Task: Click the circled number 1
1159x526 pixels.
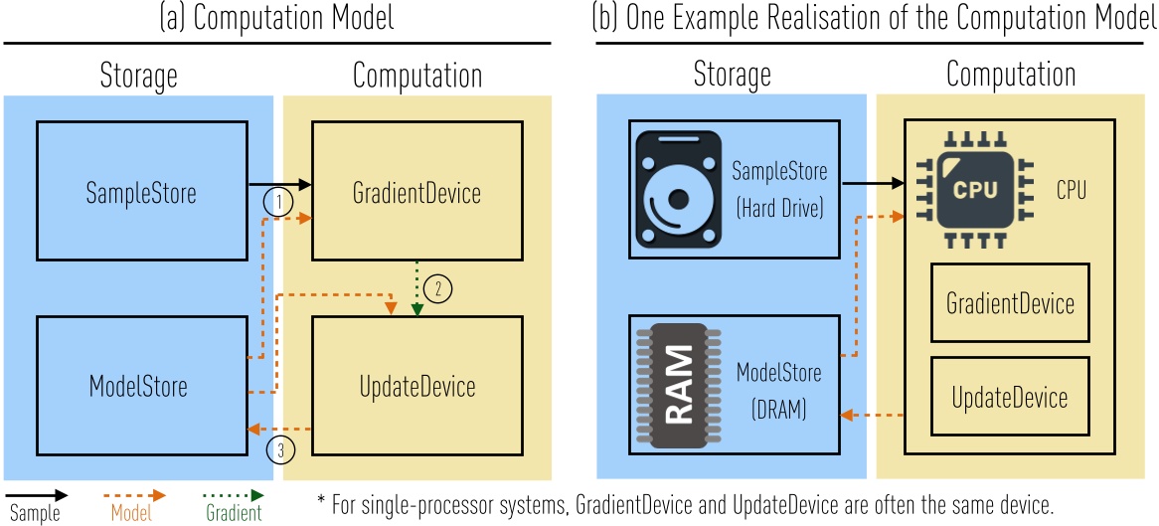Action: [278, 201]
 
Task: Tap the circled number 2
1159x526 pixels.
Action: [437, 289]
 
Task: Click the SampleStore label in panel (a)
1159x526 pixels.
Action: [142, 193]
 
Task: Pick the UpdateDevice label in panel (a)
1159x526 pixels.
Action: [417, 386]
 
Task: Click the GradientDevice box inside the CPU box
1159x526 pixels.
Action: [1011, 303]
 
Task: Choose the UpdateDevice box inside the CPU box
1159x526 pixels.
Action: [1011, 398]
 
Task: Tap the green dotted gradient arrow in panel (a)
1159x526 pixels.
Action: [416, 288]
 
